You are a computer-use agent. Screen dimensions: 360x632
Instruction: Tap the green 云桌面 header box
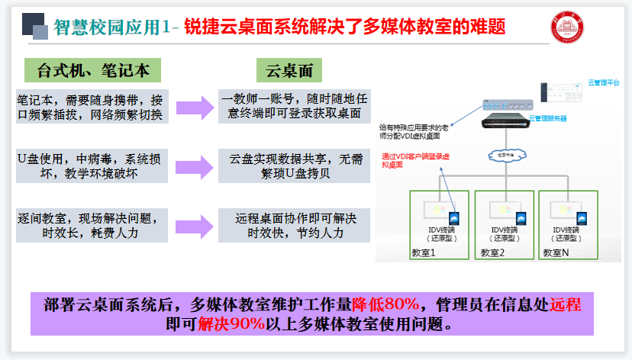tap(291, 71)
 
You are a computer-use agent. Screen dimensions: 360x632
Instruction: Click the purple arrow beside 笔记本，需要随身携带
tap(193, 108)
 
